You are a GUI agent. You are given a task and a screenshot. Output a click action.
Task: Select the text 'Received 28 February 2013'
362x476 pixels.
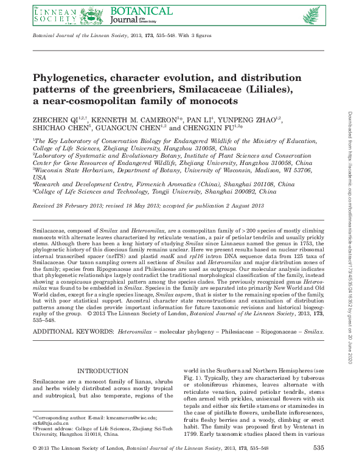pos(69,206)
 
